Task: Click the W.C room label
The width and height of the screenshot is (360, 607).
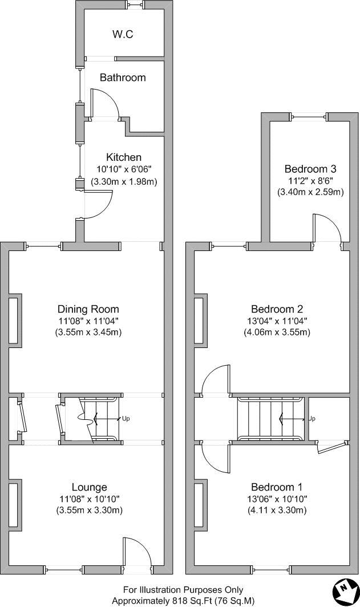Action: [123, 34]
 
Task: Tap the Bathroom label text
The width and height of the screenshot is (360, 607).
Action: [123, 78]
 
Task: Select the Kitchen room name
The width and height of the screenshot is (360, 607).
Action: [124, 157]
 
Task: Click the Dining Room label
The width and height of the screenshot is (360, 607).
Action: [88, 309]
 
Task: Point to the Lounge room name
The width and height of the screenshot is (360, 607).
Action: [90, 487]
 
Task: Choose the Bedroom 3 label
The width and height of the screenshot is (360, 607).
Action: [310, 169]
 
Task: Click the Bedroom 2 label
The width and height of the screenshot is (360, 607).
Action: [277, 309]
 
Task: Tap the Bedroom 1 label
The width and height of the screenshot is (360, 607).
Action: [277, 487]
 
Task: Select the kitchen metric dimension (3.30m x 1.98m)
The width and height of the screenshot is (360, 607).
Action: [124, 181]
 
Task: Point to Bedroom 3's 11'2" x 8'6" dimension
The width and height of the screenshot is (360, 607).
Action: [310, 180]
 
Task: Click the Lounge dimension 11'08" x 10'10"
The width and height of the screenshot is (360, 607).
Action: [90, 499]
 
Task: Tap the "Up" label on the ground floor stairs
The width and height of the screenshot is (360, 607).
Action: [126, 419]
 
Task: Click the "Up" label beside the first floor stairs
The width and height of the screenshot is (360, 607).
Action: [312, 419]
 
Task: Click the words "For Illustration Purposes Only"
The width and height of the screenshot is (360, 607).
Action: [183, 589]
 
